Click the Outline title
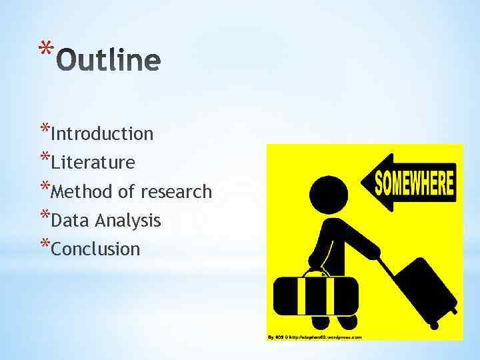[x=109, y=61]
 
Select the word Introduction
[x=102, y=134]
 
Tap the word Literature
[x=93, y=163]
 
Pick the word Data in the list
[x=71, y=221]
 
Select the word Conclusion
[x=95, y=249]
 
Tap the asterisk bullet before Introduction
[x=45, y=129]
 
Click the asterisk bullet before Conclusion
[x=45, y=244]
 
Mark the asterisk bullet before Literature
[x=45, y=157]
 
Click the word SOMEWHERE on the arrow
[x=414, y=182]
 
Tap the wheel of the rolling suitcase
[x=434, y=325]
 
